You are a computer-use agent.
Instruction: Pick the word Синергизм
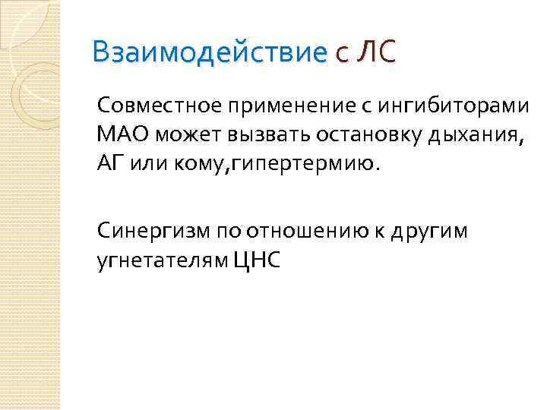click(x=153, y=231)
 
